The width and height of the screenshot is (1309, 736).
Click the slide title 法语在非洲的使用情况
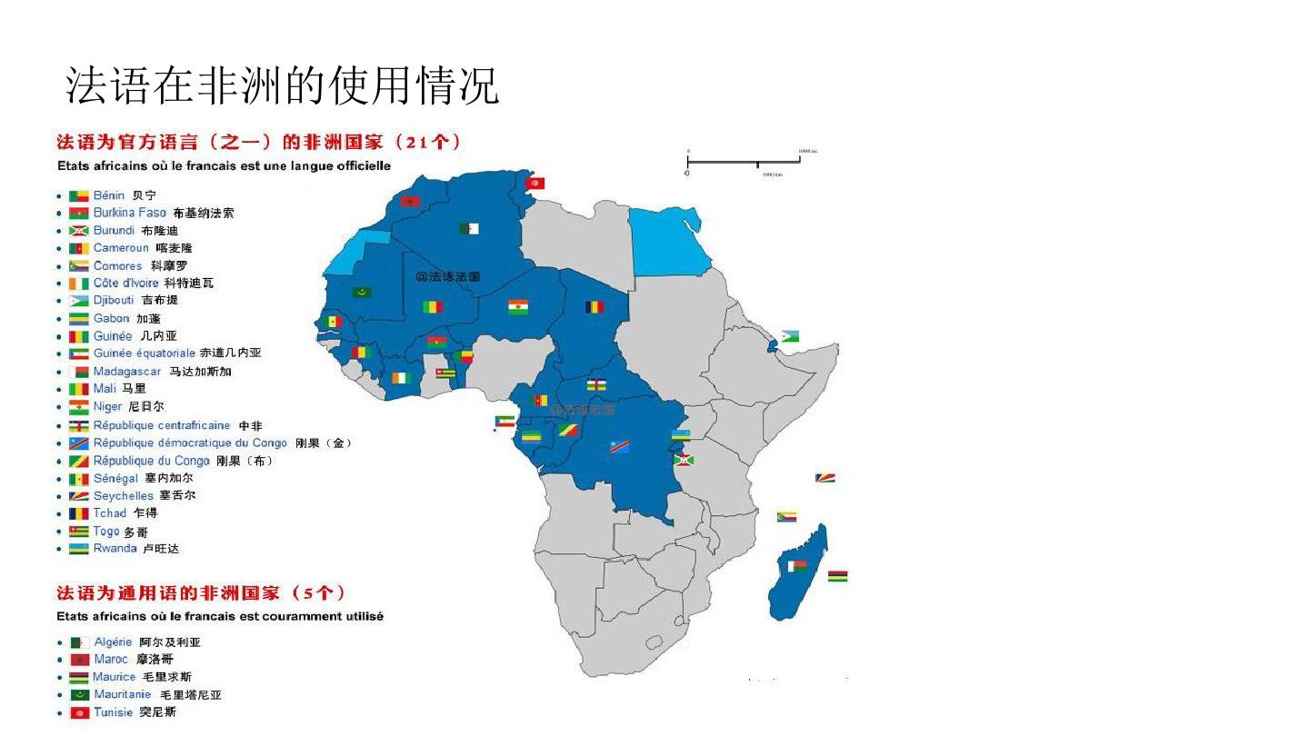(x=283, y=86)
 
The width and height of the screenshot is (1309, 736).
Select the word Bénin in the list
(x=109, y=195)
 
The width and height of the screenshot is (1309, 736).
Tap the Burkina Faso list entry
(x=130, y=213)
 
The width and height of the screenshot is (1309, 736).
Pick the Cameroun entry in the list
(x=121, y=248)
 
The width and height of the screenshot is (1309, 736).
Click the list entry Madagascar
(x=127, y=372)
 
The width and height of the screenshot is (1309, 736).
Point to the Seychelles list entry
(x=124, y=496)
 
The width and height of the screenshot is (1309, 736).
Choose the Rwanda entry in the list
(x=115, y=549)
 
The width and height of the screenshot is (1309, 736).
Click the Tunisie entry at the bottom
(x=114, y=712)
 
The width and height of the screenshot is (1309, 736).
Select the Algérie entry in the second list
(x=114, y=642)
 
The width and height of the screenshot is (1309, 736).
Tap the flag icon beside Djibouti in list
(x=79, y=301)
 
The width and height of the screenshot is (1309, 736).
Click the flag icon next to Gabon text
(x=79, y=319)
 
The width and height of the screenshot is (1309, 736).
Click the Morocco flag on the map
(x=410, y=201)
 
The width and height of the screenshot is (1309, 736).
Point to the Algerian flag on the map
(x=468, y=228)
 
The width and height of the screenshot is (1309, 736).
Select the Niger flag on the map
(x=518, y=306)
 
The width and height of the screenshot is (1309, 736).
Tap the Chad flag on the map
(x=595, y=306)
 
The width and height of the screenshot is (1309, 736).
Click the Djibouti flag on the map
(x=789, y=337)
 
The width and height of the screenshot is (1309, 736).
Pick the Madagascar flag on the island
(x=797, y=566)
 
